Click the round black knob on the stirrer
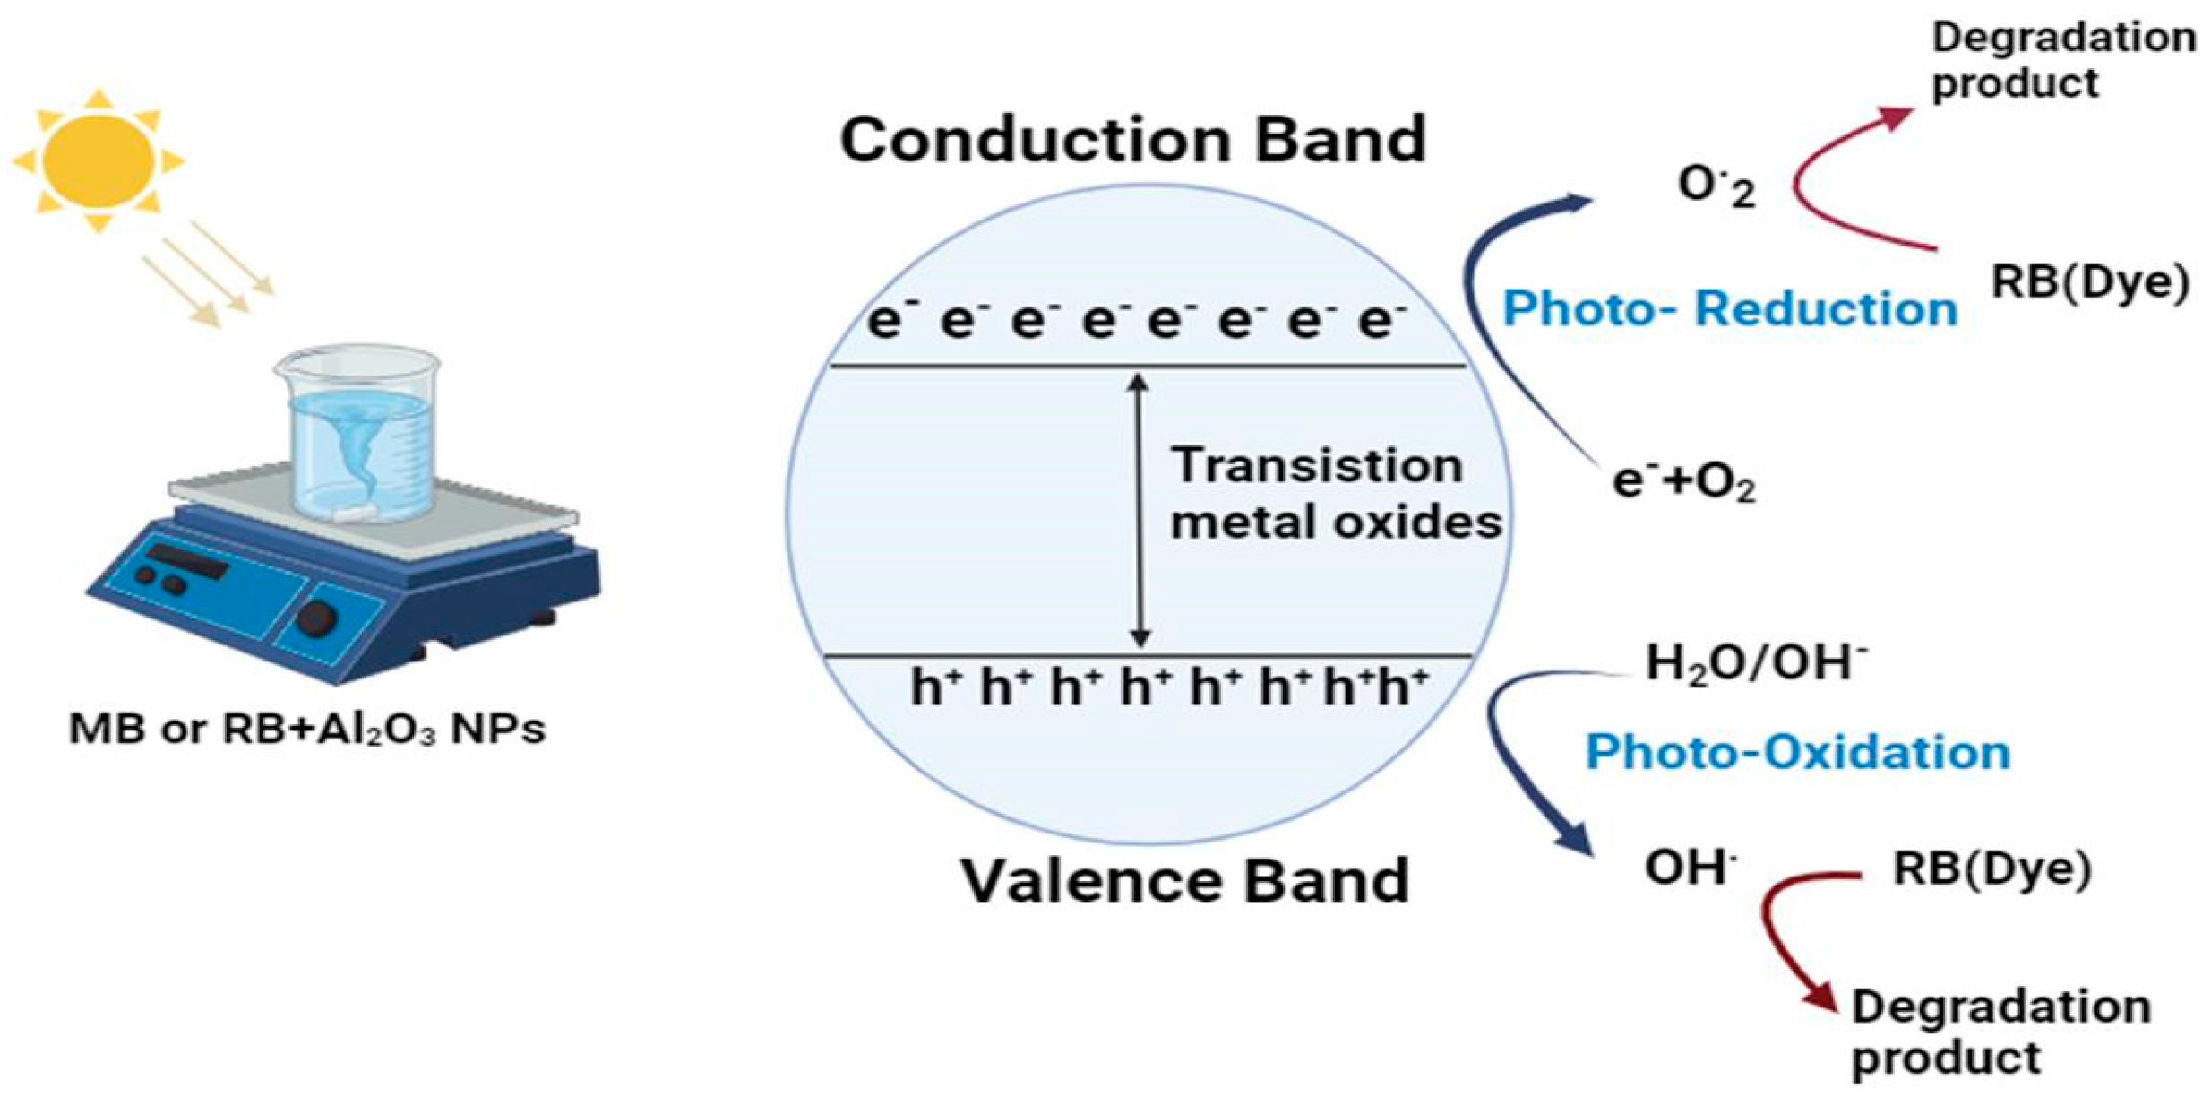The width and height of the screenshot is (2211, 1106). (316, 618)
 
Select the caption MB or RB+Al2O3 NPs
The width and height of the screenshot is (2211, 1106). (307, 729)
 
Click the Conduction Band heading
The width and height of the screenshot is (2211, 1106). (1132, 141)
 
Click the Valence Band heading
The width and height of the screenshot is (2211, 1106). (1184, 880)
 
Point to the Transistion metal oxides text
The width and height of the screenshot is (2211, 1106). (1335, 494)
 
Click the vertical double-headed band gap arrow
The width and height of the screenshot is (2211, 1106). (1139, 511)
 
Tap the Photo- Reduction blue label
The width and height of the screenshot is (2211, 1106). (1729, 309)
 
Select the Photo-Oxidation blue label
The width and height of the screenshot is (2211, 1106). (1798, 751)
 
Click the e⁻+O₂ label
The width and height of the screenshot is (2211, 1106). (1683, 482)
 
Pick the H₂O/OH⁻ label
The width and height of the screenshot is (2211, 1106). (1756, 664)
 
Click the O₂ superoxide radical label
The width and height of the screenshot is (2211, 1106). (1716, 186)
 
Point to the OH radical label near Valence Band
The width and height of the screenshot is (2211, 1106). (1690, 868)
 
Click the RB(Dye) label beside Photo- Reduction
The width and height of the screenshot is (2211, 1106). (2090, 281)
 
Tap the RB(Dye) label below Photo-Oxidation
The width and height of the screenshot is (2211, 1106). (1992, 868)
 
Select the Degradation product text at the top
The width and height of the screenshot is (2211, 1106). (2063, 60)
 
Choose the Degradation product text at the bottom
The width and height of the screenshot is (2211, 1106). (2000, 1032)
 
